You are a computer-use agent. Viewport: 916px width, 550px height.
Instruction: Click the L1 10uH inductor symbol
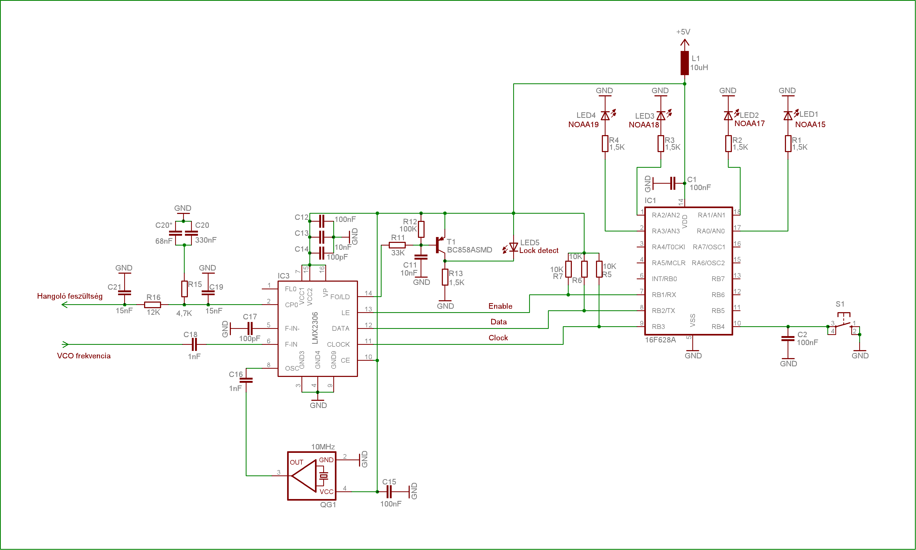685,63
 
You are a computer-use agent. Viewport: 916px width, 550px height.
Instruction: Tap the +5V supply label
683,32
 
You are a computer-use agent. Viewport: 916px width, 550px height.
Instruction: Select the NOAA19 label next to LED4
584,124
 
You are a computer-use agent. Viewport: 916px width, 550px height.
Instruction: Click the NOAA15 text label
810,124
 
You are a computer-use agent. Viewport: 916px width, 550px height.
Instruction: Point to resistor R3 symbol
661,143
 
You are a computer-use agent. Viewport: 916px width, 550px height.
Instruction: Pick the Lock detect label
539,251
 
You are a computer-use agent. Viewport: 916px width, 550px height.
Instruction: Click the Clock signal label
498,338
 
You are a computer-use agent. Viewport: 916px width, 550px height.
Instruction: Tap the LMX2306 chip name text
315,328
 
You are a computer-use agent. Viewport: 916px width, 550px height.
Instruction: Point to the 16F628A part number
660,340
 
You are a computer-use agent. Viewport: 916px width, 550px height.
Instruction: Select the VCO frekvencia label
84,356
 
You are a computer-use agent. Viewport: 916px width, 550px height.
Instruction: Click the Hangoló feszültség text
70,296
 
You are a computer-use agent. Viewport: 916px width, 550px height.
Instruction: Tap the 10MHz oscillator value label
323,446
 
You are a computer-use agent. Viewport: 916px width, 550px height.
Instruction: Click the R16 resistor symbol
153,305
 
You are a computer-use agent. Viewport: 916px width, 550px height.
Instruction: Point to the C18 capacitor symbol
194,344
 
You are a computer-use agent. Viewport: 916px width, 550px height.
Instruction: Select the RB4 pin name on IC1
718,326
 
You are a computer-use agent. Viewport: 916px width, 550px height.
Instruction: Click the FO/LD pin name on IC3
340,297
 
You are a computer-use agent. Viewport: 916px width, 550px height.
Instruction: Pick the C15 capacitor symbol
389,492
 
